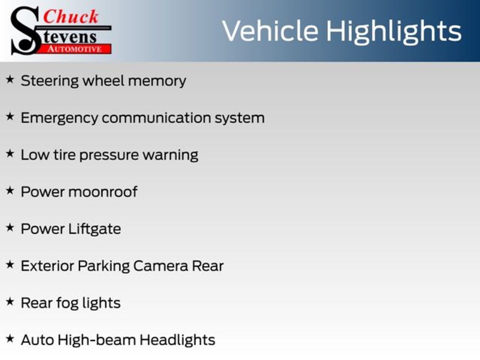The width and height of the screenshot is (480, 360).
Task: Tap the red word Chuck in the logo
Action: (71, 17)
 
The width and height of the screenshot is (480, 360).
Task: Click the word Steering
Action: (50, 81)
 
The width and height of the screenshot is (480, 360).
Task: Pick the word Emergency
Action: (59, 118)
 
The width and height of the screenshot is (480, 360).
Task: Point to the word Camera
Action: (161, 266)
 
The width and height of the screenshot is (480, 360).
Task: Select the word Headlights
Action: (178, 340)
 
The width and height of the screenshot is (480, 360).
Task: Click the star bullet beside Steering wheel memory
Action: (10, 80)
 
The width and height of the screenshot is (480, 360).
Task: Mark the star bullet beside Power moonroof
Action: (10, 191)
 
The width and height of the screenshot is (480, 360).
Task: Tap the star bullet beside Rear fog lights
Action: (10, 302)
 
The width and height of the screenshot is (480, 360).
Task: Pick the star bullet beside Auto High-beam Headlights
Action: (10, 338)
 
